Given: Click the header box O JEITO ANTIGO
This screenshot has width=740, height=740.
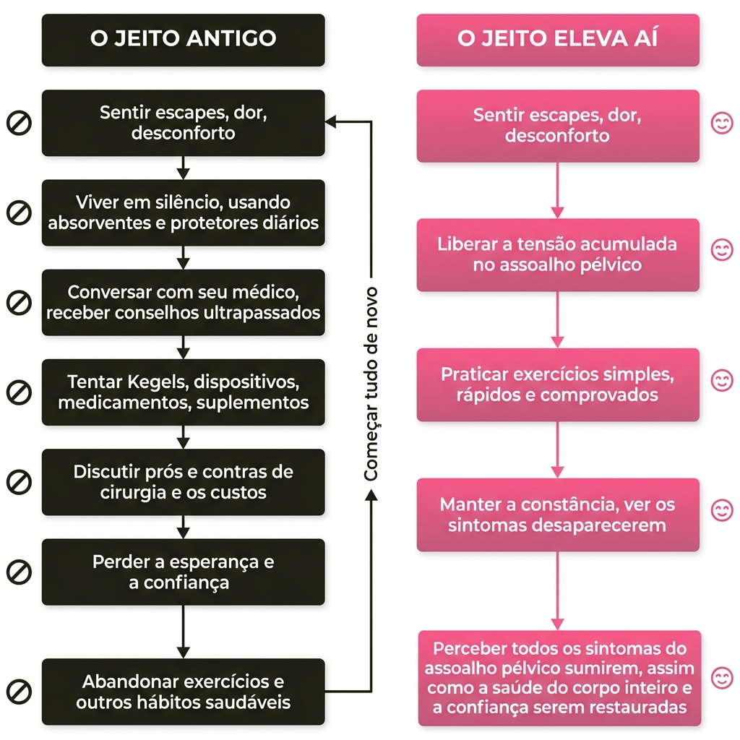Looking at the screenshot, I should pos(183,39).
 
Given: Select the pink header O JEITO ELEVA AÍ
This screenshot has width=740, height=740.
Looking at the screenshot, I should pos(557,39).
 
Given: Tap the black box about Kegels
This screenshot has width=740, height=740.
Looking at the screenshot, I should pos(183,392).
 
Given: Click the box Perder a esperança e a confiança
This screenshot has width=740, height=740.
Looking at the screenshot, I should pos(183,572).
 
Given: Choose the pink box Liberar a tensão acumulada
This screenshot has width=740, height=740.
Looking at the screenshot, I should pos(557,254).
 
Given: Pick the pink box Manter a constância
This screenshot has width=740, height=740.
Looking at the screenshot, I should pos(557,515).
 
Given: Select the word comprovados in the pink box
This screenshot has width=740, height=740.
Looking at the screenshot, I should pos(599,395).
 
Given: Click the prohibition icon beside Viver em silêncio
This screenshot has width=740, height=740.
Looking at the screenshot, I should pos(19,212).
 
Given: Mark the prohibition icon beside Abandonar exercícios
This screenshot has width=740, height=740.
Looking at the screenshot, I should pos(19,691).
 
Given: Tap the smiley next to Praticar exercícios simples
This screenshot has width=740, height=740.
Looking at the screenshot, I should pos(721,380).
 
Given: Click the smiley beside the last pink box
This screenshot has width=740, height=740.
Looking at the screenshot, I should pos(721,678).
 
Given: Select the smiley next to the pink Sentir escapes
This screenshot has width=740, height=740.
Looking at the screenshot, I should pos(721,123).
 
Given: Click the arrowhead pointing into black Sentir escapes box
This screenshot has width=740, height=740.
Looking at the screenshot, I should pos(331,122).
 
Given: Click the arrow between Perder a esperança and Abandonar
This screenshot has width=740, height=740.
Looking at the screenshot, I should pos(183,632).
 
